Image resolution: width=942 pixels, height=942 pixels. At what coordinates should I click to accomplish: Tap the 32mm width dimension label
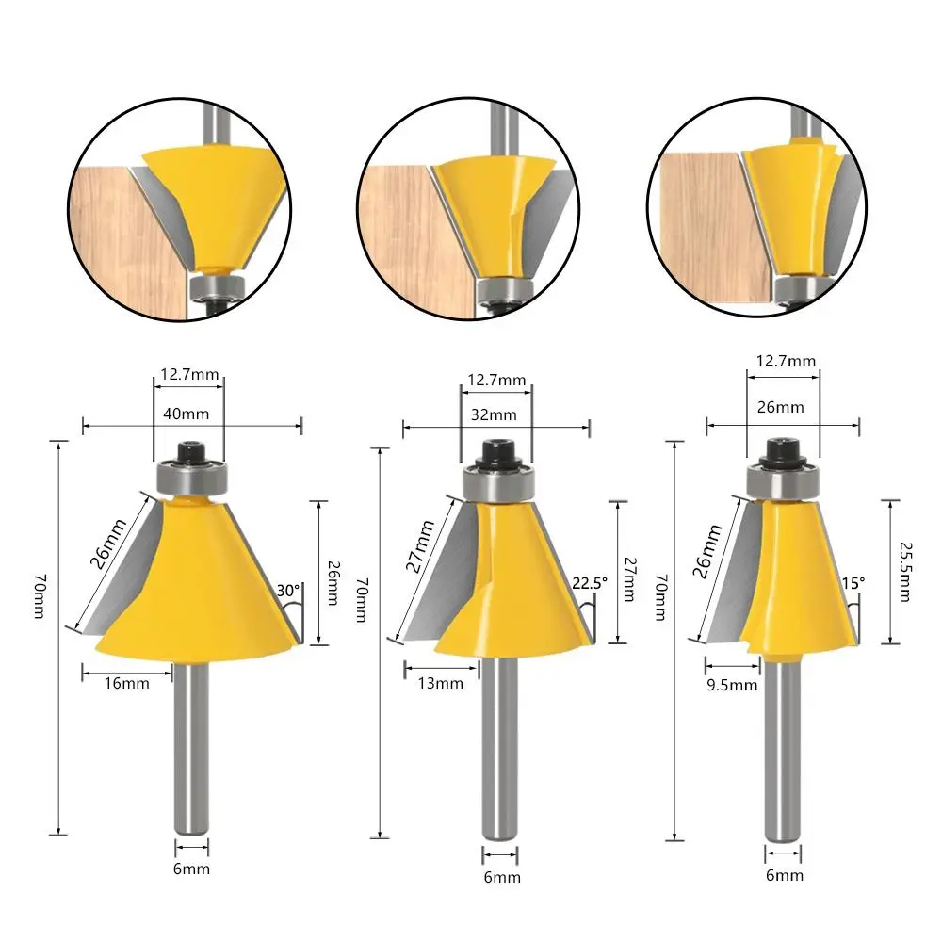pyautogui.click(x=495, y=414)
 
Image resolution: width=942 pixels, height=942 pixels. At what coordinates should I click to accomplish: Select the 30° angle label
pyautogui.click(x=287, y=591)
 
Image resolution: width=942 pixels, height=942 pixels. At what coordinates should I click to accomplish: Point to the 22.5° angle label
pyautogui.click(x=588, y=582)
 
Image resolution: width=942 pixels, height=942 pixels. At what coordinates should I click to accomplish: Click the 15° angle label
pyautogui.click(x=853, y=584)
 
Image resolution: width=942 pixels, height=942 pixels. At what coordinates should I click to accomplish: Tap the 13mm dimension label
pyautogui.click(x=444, y=683)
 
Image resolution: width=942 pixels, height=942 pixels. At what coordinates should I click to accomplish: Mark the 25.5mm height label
pyautogui.click(x=904, y=571)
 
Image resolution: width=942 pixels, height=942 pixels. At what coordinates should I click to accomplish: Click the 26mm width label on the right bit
pyautogui.click(x=781, y=408)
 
